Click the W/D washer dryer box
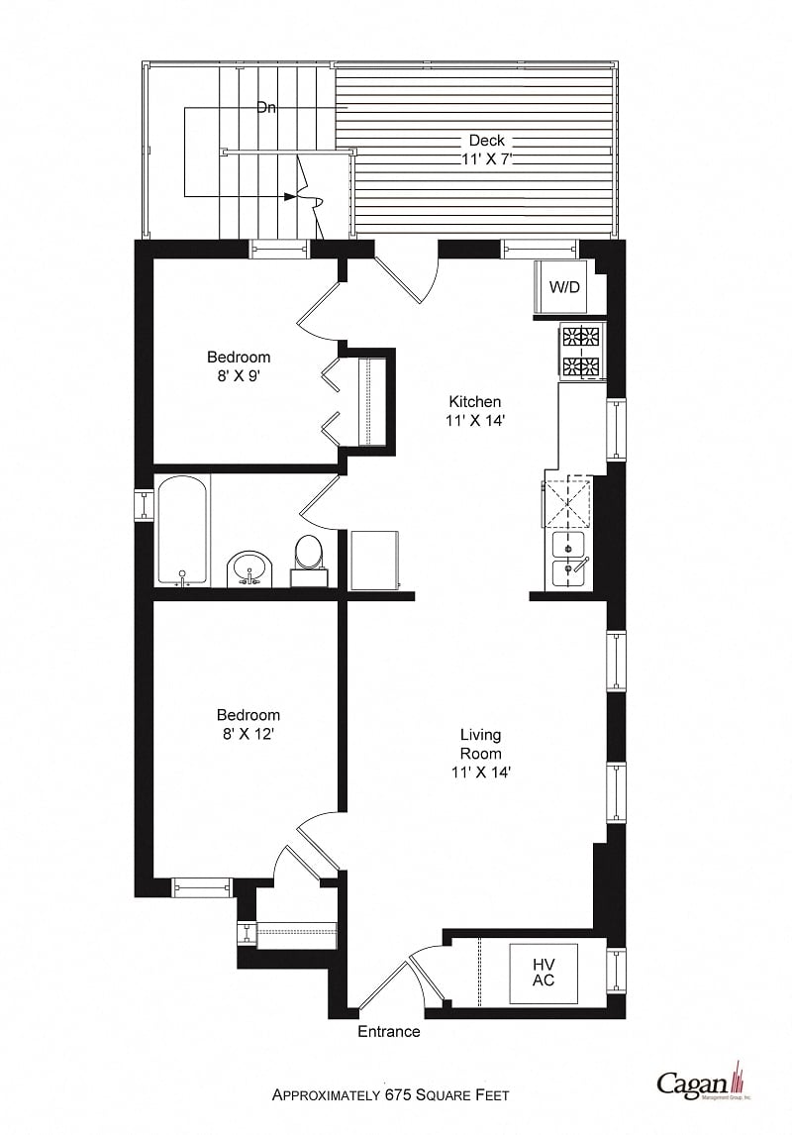(564, 286)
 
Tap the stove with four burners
(581, 352)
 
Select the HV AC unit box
(543, 973)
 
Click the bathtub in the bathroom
(182, 530)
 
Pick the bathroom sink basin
(250, 569)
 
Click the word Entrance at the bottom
(388, 1032)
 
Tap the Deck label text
(486, 141)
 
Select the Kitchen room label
(475, 402)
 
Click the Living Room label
(480, 744)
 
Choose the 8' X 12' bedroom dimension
(247, 734)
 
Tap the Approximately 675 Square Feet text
(391, 1094)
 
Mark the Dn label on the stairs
(265, 108)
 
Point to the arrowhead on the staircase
(289, 196)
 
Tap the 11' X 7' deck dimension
(486, 158)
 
